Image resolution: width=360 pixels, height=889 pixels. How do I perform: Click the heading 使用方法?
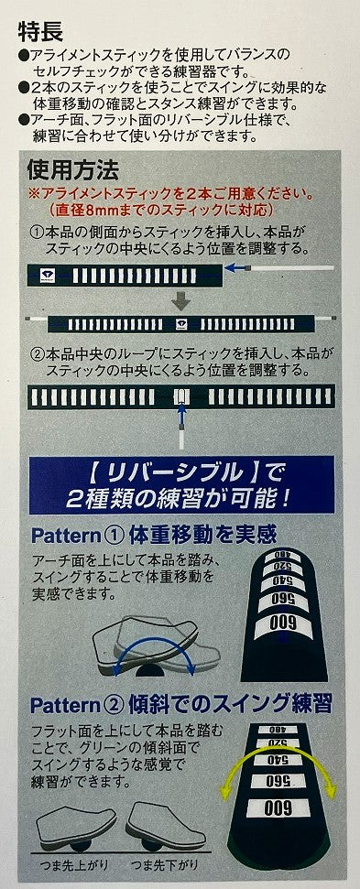tap(73, 169)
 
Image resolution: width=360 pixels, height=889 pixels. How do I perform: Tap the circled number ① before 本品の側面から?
tap(38, 233)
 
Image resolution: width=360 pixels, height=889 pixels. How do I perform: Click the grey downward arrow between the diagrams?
tap(180, 300)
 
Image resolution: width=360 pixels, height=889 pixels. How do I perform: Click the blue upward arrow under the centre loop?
tap(180, 417)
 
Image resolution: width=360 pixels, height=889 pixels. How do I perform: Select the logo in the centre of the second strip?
tap(181, 324)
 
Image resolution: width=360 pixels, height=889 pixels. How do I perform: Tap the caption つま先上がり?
tap(71, 865)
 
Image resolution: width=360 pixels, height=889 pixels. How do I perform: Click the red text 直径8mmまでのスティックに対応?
tap(161, 211)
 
